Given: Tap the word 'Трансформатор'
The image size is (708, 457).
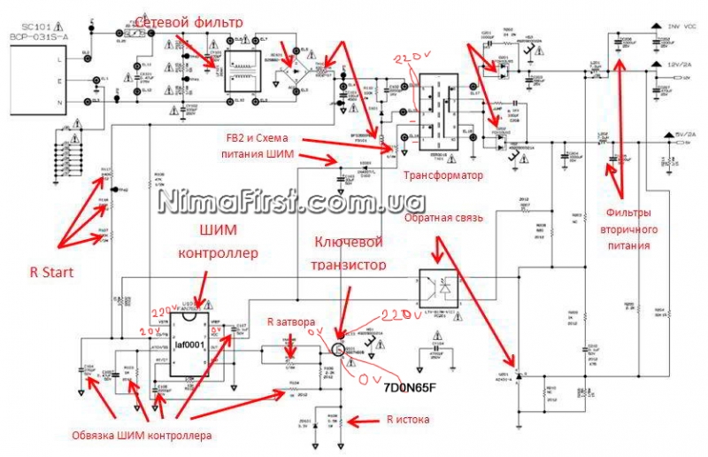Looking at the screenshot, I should [442, 175].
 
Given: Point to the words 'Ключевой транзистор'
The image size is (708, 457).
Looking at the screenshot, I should [350, 252].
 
